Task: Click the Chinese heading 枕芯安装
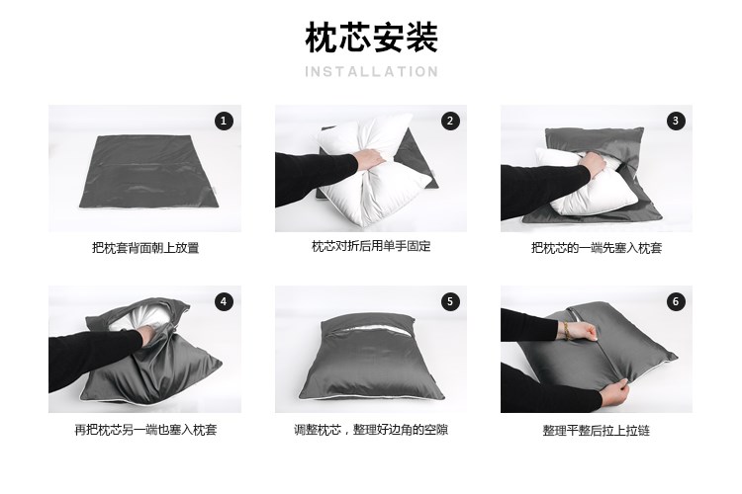pos(371,37)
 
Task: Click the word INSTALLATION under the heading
pos(371,72)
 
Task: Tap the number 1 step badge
pos(224,121)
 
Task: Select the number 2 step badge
pos(449,121)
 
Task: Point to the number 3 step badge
pos(676,121)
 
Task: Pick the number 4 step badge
pos(224,301)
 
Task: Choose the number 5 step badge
pos(449,301)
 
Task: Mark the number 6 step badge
pos(676,301)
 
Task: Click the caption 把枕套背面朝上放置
pos(145,248)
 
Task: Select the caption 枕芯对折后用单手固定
pos(371,246)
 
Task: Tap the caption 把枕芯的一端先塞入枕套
pos(597,248)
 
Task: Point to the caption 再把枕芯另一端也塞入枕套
pos(145,430)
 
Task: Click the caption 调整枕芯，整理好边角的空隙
pos(371,430)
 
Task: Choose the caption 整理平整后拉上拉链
pos(597,430)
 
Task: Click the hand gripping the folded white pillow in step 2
pos(368,160)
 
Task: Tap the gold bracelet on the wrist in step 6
pos(565,329)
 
